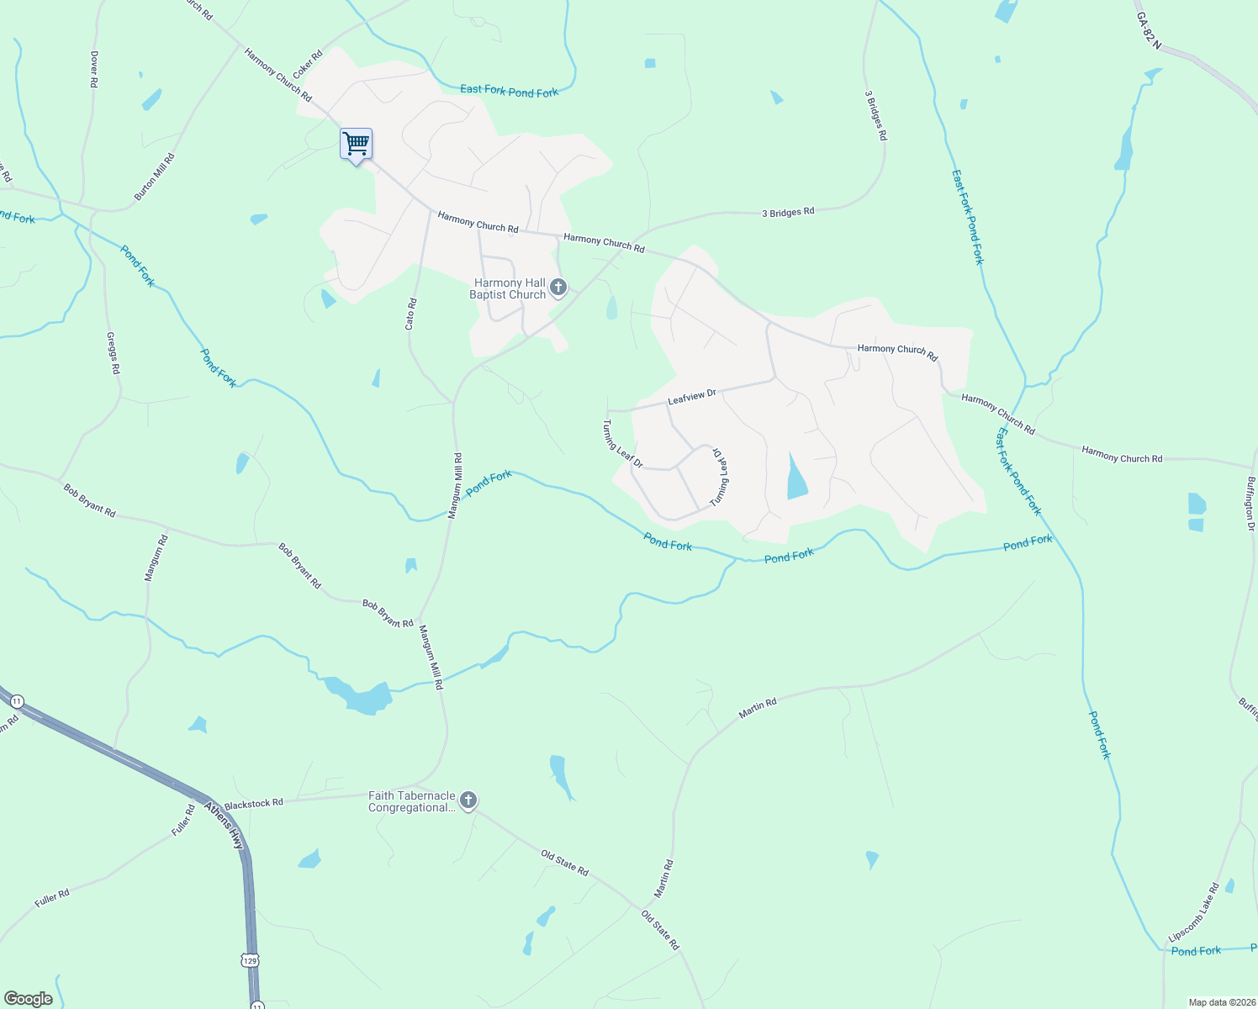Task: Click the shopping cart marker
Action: [356, 145]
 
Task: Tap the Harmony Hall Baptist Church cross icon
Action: [558, 289]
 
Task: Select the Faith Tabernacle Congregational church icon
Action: [468, 800]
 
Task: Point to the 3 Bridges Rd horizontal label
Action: [788, 213]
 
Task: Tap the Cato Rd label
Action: [411, 314]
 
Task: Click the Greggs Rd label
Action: [114, 353]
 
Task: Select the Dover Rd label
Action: [94, 70]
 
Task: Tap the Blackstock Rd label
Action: [254, 804]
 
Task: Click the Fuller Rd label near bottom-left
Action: [52, 898]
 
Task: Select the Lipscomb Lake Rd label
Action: [1194, 912]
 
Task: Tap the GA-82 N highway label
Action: [1148, 30]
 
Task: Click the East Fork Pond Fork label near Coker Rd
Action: [509, 91]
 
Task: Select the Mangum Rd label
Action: [157, 557]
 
